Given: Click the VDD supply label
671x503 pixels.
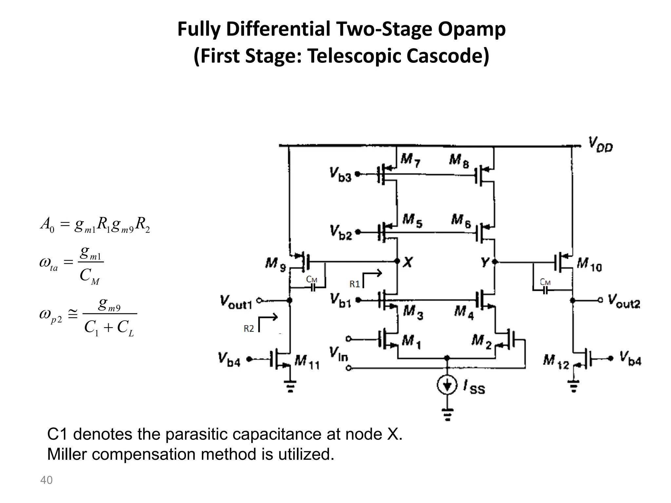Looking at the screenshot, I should point(600,145).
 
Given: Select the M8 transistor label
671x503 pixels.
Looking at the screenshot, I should point(459,160).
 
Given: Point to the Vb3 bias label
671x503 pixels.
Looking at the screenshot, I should point(340,175).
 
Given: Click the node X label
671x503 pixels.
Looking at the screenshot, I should point(408,262).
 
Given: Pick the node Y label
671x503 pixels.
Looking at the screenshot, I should point(485,262).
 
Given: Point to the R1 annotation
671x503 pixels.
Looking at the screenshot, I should point(355,284).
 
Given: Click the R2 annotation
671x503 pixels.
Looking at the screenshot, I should point(249,328).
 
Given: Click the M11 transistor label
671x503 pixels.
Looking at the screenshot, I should point(307,363).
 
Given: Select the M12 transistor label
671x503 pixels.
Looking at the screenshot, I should point(556,362).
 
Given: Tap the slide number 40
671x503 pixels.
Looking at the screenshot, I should point(46,480).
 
